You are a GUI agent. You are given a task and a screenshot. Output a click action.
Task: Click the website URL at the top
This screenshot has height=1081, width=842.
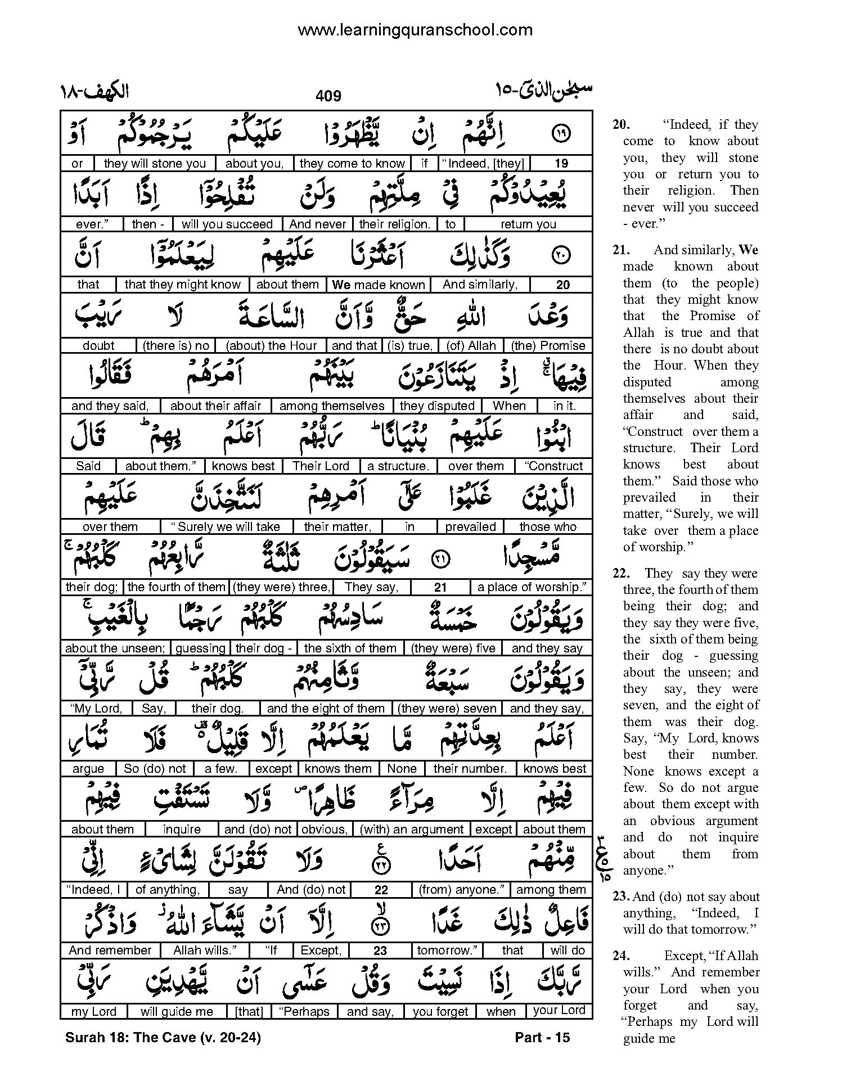415,30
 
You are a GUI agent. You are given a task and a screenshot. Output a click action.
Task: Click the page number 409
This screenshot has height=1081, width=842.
328,96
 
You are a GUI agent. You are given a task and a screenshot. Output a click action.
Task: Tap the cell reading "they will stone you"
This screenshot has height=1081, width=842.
155,164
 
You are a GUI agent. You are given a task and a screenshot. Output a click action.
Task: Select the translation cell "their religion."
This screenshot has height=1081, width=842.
394,224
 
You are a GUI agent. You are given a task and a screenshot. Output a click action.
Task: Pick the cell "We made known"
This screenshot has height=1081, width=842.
379,285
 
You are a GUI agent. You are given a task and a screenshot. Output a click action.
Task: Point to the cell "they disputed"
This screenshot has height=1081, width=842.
437,406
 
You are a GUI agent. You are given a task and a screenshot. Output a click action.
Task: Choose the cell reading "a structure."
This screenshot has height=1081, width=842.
398,466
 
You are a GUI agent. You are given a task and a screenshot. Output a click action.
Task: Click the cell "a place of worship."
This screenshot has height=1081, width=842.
531,587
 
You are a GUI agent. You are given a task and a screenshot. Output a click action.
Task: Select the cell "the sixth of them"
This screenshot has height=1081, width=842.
350,648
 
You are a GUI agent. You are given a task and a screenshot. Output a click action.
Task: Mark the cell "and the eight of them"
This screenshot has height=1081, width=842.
326,708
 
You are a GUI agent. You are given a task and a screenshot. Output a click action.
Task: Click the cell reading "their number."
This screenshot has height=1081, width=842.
470,768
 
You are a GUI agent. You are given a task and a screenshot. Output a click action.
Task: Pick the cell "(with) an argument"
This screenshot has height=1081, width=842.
412,829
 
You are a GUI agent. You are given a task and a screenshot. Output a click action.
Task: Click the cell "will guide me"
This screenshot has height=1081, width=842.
177,1011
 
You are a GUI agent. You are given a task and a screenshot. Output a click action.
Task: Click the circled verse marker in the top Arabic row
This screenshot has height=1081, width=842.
562,134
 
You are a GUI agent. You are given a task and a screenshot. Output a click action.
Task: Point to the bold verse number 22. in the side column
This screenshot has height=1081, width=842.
621,573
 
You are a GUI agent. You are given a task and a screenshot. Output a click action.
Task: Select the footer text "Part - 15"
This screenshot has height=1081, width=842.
542,1038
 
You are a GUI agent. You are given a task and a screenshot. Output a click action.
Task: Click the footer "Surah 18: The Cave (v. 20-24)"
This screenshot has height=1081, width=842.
163,1038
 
